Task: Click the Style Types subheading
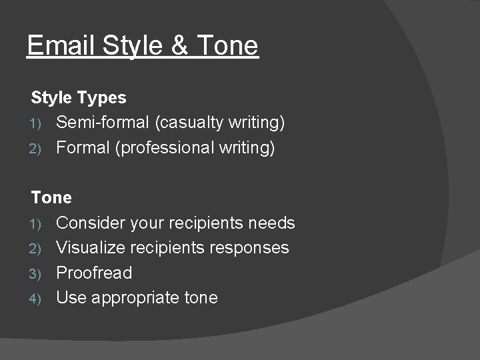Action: [79, 98]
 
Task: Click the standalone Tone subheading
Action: [51, 198]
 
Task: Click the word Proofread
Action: [94, 273]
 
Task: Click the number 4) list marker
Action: [37, 298]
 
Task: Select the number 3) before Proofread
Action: [37, 273]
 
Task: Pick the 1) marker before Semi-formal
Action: [37, 123]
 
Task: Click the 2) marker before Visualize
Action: [37, 248]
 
